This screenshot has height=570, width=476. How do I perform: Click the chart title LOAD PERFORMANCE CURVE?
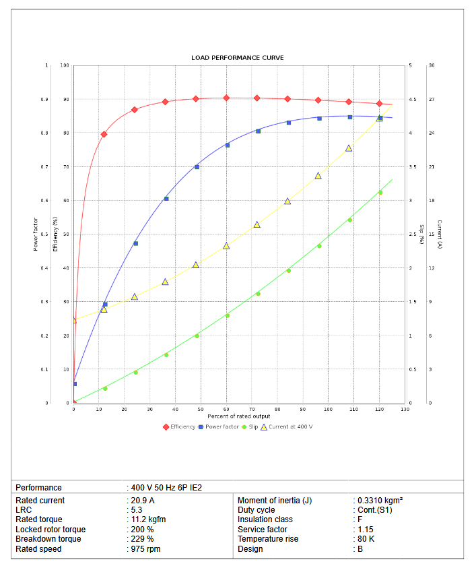click(238, 58)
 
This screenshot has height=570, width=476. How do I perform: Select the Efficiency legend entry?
click(179, 426)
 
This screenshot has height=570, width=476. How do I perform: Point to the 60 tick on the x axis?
click(226, 410)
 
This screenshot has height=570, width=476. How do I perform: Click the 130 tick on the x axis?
click(405, 410)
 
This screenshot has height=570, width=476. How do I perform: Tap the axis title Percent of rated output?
click(239, 416)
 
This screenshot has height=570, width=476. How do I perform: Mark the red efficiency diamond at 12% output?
click(104, 134)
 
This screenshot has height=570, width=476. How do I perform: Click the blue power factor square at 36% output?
click(166, 199)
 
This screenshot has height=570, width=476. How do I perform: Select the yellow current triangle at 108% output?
click(349, 148)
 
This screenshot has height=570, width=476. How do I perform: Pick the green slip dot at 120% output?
click(380, 193)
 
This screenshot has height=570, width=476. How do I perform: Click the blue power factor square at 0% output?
click(74, 384)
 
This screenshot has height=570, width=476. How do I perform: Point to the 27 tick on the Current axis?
click(431, 100)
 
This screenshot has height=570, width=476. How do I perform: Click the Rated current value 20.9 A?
click(143, 501)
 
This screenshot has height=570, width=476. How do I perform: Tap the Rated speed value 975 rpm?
click(145, 549)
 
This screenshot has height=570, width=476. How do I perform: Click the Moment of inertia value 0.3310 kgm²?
click(380, 501)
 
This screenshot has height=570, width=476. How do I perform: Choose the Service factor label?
click(263, 530)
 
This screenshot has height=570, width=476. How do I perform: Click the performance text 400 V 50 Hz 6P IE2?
click(166, 488)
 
